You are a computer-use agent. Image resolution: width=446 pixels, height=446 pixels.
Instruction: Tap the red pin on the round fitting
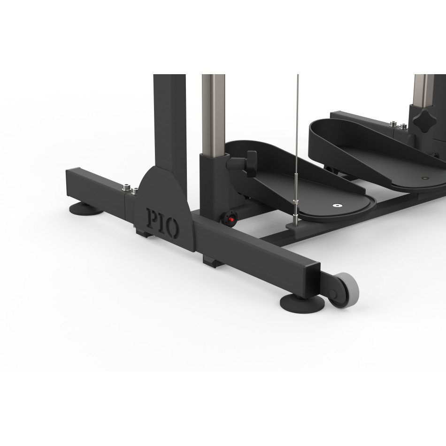tap(231, 219)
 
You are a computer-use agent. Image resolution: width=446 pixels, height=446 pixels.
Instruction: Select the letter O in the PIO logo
tap(172, 229)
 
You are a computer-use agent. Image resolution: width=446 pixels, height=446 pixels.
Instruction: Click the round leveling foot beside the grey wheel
tap(302, 304)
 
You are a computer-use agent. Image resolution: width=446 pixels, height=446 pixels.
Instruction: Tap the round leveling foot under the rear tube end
tap(86, 209)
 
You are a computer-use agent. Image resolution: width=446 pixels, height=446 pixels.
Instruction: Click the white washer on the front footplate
tap(338, 205)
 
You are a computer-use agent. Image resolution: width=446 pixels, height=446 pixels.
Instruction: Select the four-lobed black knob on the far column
tap(425, 120)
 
